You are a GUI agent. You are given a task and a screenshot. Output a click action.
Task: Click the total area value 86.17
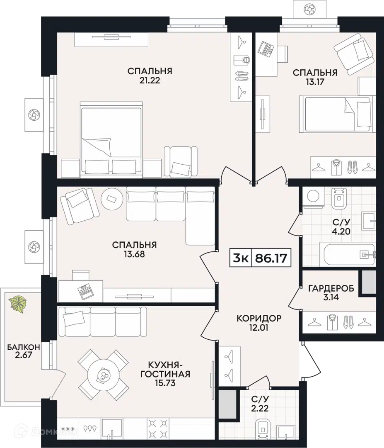coord(271,258)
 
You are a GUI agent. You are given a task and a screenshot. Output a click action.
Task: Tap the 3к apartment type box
coord(241,258)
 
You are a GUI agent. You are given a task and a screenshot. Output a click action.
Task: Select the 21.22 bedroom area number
coord(150,80)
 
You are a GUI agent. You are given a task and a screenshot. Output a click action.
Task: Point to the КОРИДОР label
coord(259,318)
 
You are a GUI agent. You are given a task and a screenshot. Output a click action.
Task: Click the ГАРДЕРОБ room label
coord(331,288)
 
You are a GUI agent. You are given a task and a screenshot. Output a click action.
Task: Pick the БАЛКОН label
coord(23,347)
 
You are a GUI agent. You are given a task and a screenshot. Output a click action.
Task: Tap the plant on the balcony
coord(18,303)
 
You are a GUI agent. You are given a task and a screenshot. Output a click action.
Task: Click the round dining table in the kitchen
coord(103,375)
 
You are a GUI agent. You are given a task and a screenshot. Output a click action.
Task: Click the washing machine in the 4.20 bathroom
coord(313,197)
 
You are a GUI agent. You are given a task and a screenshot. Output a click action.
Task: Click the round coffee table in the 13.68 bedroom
coord(112,199)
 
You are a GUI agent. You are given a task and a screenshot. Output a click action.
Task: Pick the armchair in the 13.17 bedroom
coord(354,54)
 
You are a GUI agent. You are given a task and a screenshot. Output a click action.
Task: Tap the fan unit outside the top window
coord(309,10)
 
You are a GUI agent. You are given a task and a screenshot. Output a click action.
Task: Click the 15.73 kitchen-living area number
coord(165,383)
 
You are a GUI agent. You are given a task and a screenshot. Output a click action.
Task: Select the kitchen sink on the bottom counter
coord(112,428)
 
